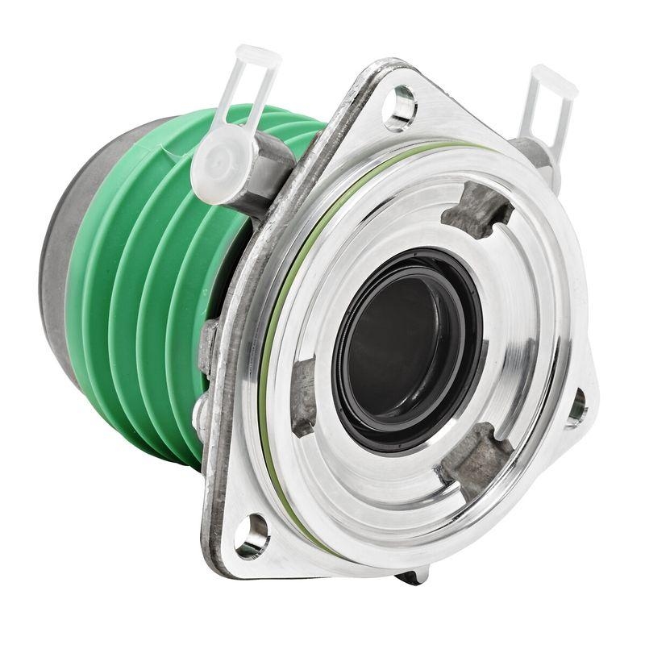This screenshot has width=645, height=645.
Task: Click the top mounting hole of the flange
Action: pos(400,106)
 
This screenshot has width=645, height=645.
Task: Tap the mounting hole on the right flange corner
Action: pos(577,407)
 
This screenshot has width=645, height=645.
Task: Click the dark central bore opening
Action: pos(403,347)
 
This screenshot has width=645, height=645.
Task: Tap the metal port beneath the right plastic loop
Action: pos(532,153)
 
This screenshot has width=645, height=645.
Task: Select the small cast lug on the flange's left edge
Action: pos(208,347)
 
